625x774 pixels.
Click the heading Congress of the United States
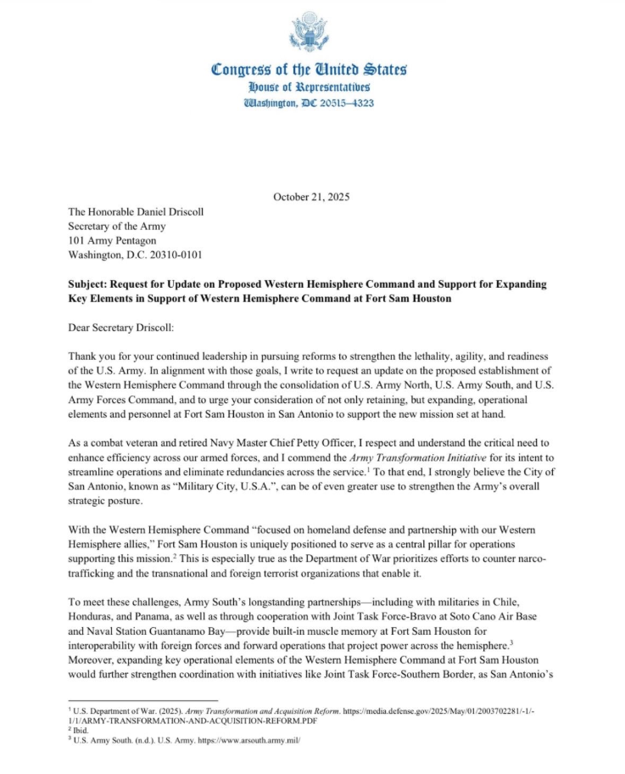[x=310, y=69]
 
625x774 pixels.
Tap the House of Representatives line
[x=310, y=87]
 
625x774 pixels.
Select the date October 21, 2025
[x=311, y=197]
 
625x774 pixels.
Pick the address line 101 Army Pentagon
[x=112, y=240]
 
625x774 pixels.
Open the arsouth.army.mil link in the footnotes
[x=251, y=739]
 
